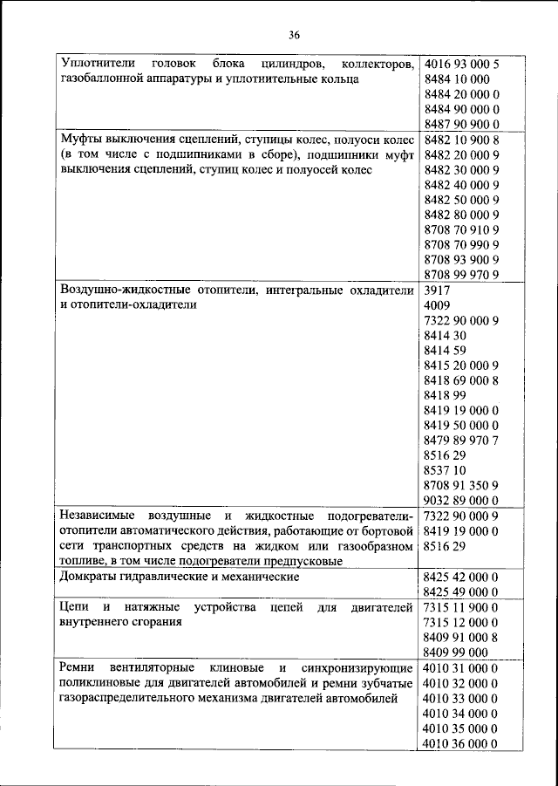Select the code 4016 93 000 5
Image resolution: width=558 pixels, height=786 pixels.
click(x=460, y=65)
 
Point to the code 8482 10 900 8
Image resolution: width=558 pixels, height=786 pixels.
click(x=460, y=140)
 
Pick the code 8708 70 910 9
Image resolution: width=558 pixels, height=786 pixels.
click(x=460, y=229)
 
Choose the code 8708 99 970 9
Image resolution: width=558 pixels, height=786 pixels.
click(x=460, y=275)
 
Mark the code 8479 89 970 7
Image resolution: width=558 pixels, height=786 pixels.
click(x=460, y=441)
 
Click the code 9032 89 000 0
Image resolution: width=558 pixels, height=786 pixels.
click(x=460, y=501)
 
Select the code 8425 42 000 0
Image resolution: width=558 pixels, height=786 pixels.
click(x=460, y=577)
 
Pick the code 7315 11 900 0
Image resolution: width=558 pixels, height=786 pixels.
click(x=460, y=607)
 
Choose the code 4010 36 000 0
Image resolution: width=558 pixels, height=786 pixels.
click(x=460, y=742)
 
